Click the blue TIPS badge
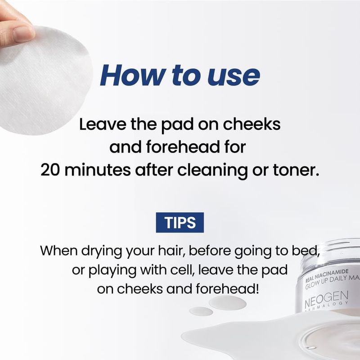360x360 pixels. coord(180,222)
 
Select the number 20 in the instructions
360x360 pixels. coord(50,170)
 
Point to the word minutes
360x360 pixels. coord(97,170)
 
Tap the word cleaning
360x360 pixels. coord(212,171)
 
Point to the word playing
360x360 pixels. coord(112,271)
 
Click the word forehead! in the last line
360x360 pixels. coord(228,288)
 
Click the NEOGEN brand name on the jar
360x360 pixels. coord(326,299)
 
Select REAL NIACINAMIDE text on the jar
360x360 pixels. coord(327,276)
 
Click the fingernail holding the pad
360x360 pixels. coord(23,34)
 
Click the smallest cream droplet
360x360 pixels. coord(201,311)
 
